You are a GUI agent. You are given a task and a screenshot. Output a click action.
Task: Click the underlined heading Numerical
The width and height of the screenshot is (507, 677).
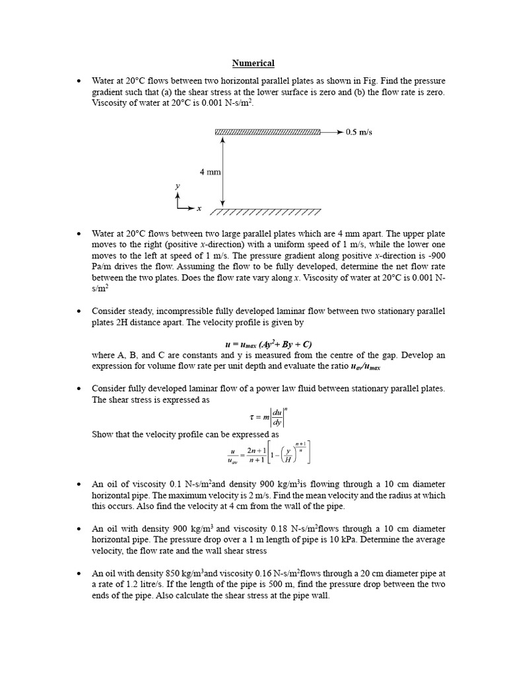click(253, 63)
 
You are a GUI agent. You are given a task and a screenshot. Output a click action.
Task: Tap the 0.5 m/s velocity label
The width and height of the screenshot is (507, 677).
click(359, 132)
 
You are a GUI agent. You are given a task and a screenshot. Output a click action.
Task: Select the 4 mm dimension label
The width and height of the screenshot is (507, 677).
click(210, 172)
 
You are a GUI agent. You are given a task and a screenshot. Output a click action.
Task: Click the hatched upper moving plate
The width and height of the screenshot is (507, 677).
click(267, 132)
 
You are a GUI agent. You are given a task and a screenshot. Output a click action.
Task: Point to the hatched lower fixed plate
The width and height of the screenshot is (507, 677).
click(266, 212)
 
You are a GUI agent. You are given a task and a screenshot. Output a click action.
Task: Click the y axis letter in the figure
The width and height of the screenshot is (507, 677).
click(177, 187)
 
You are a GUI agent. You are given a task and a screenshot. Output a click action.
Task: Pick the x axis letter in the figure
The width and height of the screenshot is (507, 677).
click(199, 208)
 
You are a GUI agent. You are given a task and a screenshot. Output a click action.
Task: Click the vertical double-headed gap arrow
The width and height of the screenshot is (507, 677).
click(223, 170)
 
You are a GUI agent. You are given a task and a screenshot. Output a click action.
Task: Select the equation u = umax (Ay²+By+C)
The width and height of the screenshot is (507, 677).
click(268, 344)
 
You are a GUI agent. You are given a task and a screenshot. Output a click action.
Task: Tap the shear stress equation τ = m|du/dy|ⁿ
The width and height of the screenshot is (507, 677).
click(267, 417)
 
